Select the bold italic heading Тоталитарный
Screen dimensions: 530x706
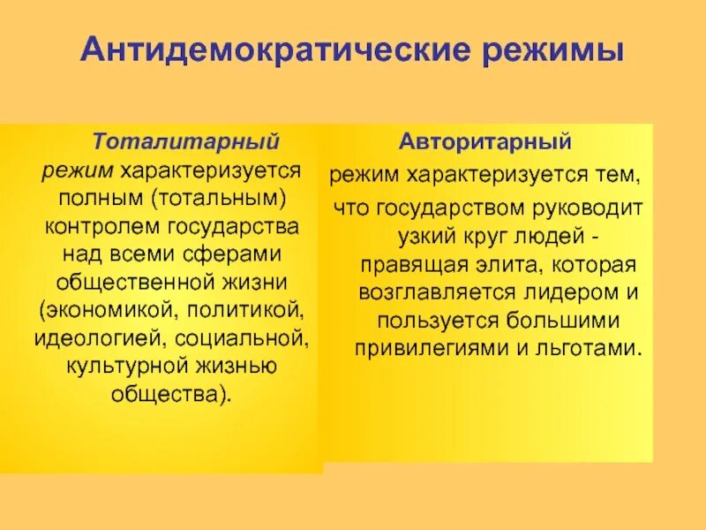point(187,141)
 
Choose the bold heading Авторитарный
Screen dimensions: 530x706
point(485,141)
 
